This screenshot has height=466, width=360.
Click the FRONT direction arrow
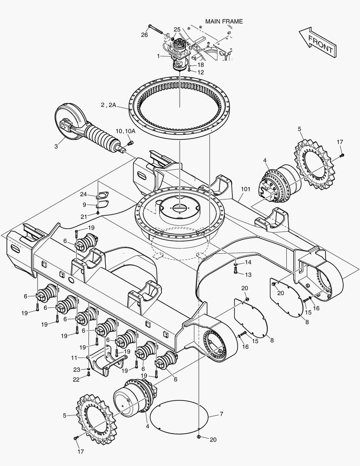(317, 42)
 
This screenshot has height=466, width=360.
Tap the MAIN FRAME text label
(224, 21)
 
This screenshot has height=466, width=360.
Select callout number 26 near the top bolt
(144, 35)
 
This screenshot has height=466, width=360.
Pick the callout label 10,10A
(125, 131)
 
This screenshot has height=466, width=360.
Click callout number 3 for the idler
(56, 146)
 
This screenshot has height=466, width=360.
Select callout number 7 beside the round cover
(221, 414)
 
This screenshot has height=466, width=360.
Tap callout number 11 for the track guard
(74, 358)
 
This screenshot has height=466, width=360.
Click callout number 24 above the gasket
(83, 195)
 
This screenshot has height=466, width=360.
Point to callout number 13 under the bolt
(248, 274)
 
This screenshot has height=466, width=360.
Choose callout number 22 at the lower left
(76, 379)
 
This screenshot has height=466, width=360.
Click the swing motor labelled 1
(178, 54)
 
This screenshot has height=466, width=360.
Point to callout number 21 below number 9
(84, 216)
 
